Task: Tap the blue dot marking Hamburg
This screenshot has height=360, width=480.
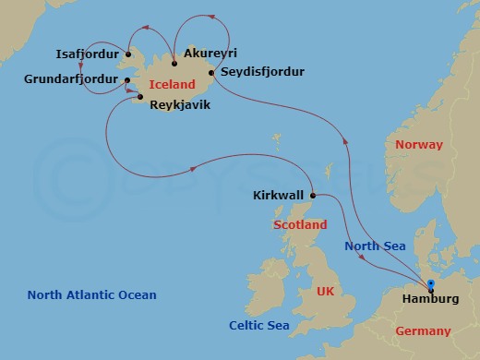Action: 431,283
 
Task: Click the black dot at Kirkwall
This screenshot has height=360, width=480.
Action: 314,195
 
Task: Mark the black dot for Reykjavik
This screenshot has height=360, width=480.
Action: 140,96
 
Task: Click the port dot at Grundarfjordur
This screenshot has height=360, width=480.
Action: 126,81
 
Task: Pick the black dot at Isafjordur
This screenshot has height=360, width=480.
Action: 128,54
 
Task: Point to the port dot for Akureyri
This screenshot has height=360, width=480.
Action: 174,63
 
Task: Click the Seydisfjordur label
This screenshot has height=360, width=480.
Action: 262,72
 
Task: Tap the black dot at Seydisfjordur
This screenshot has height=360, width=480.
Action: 211,72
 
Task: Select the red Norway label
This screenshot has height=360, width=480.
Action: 418,145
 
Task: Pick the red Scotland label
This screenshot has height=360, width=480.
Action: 300,225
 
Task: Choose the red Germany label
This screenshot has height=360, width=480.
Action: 423,330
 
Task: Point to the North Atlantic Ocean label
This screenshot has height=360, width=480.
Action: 91,295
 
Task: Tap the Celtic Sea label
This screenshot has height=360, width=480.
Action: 259,325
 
